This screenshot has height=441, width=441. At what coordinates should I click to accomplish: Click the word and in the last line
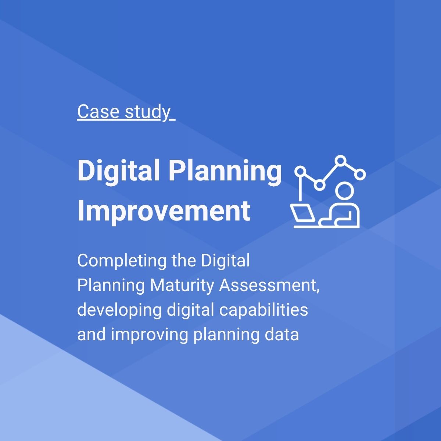point(89,335)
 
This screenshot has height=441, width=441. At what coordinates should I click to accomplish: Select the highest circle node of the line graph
point(341,161)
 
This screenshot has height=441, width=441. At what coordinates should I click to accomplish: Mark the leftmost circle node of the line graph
point(301,171)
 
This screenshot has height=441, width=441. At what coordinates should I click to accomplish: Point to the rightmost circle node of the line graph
point(361,174)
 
